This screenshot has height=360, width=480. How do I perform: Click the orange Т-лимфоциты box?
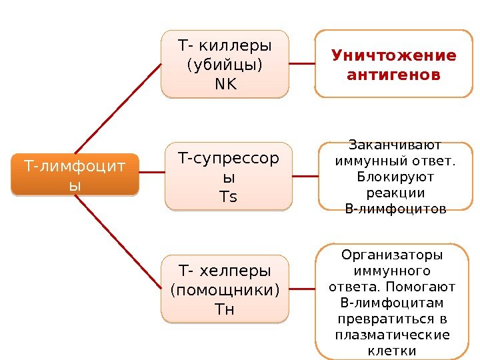(75, 175)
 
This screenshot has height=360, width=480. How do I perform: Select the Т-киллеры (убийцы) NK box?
(225, 64)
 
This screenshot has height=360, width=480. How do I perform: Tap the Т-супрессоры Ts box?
(228, 177)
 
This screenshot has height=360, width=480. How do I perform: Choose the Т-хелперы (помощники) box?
(225, 289)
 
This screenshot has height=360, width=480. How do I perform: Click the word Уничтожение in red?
(394, 55)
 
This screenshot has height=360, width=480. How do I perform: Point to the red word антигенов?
(394, 73)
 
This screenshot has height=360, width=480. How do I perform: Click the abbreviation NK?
(225, 84)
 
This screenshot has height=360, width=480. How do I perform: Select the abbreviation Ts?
(228, 197)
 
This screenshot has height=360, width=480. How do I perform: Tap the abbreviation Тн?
(225, 309)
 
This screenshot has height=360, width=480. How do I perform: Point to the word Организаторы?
(392, 255)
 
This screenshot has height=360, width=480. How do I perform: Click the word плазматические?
(392, 335)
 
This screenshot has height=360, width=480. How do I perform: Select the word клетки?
(392, 351)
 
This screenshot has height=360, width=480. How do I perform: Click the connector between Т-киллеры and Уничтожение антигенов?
(302, 64)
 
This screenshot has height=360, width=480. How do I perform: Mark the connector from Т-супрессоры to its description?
(305, 177)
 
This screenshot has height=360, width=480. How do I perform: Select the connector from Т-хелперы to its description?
(302, 289)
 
